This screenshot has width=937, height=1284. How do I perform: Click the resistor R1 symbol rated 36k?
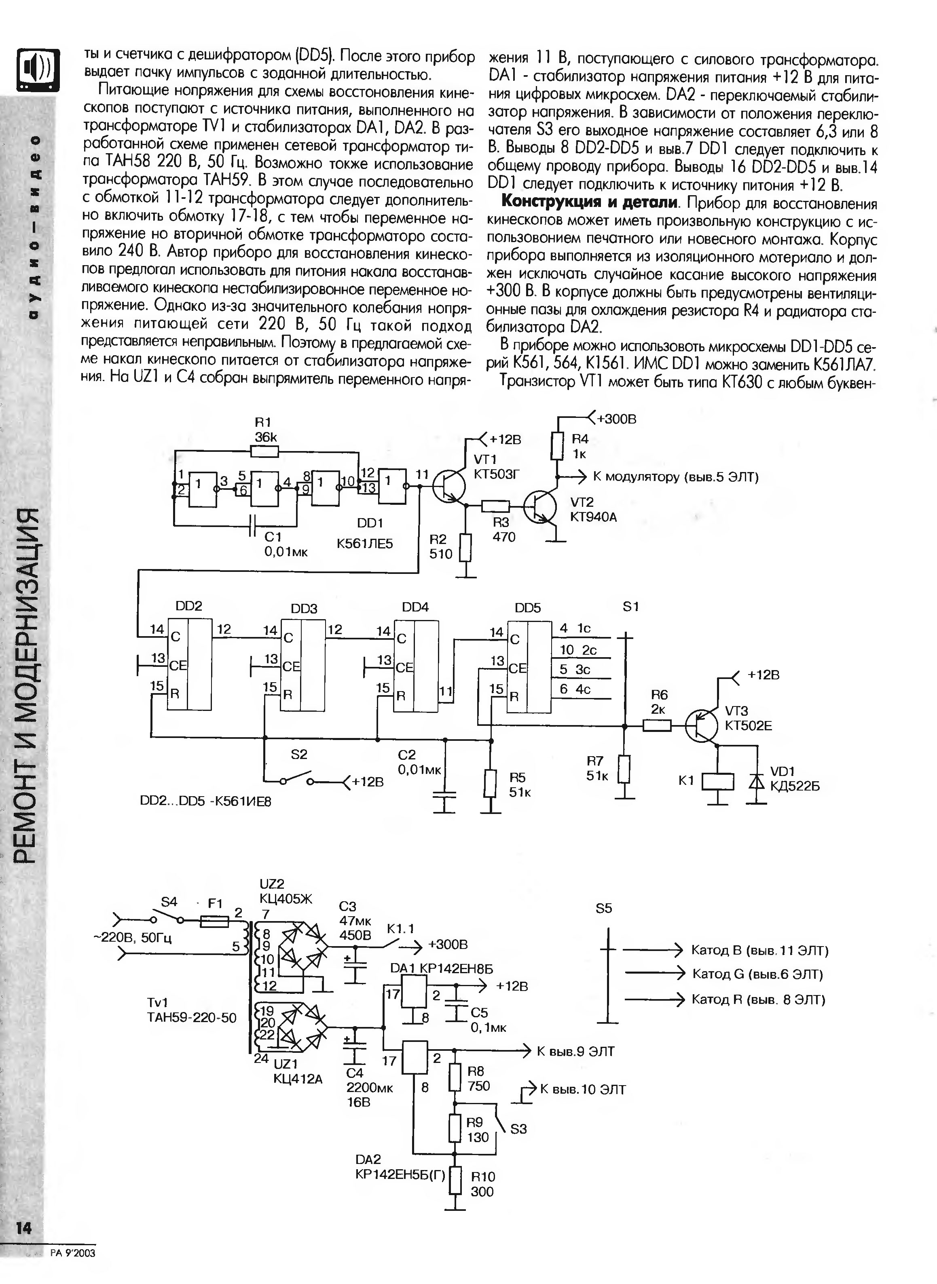pyautogui.click(x=264, y=451)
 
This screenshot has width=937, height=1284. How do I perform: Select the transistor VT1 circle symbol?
pyautogui.click(x=448, y=486)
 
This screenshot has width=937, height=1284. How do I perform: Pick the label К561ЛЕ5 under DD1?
pyautogui.click(x=365, y=544)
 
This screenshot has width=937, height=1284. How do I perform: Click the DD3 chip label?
pyautogui.click(x=304, y=609)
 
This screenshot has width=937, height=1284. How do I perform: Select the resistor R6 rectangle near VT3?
pyautogui.click(x=657, y=725)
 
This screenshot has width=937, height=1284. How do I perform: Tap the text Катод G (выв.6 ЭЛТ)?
pyautogui.click(x=757, y=974)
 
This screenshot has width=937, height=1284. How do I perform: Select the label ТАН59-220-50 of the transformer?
pyautogui.click(x=192, y=1018)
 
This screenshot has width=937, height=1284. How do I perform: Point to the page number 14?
pyautogui.click(x=24, y=1228)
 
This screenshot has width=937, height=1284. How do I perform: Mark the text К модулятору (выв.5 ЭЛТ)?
pyautogui.click(x=675, y=477)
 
